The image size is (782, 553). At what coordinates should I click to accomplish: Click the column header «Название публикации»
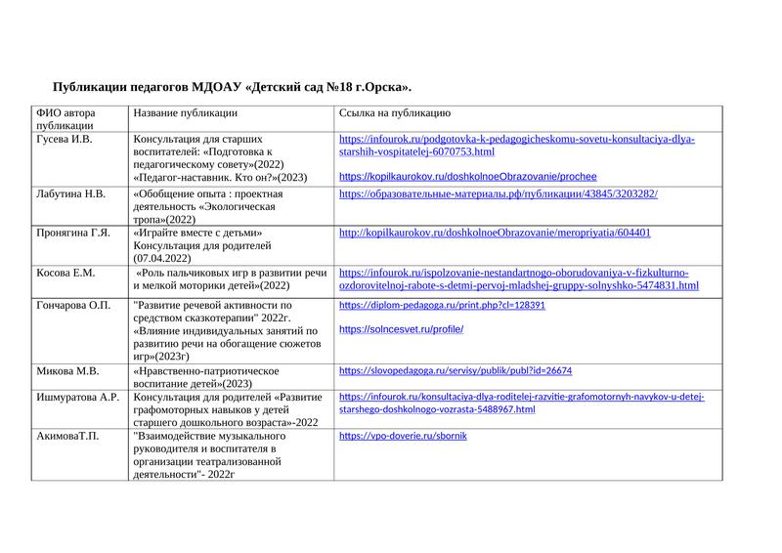point(186,113)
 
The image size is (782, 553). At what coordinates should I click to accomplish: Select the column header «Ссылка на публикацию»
point(394,113)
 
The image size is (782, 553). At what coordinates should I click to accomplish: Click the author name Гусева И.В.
point(65,140)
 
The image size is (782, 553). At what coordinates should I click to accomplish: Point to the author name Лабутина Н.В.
point(70,194)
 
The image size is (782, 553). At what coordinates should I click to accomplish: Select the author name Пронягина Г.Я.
point(73,234)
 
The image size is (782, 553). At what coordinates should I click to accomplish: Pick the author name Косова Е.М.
point(65,273)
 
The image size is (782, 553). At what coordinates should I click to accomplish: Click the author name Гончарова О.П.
point(73,306)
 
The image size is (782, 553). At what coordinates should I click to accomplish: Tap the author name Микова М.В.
point(67,371)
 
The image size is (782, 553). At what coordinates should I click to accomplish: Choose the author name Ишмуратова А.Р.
point(77,398)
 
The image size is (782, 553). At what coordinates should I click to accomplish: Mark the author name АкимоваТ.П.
point(67,436)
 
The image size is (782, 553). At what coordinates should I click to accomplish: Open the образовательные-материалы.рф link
point(498,194)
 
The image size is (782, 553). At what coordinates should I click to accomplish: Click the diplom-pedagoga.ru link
point(442,306)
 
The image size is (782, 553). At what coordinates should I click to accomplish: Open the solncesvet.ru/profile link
point(401,329)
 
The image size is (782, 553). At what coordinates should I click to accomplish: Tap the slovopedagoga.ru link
point(455,371)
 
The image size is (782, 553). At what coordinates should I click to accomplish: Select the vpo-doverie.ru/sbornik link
point(403,436)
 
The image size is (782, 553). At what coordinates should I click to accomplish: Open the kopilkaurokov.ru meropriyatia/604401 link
point(495,234)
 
